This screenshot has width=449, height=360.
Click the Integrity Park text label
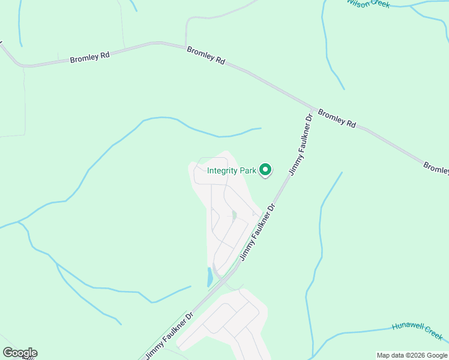[x=232, y=170]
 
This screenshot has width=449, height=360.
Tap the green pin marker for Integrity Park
[x=265, y=171]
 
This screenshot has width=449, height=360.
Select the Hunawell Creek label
[x=417, y=330]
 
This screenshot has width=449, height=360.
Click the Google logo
[x=20, y=353]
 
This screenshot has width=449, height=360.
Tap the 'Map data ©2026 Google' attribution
[x=412, y=355]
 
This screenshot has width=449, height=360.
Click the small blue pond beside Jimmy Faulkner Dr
[x=209, y=277]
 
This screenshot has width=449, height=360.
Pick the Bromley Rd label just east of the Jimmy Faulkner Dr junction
[x=337, y=118]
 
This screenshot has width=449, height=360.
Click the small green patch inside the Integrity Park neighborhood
[x=234, y=215]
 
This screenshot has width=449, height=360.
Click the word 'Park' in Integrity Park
[x=249, y=170]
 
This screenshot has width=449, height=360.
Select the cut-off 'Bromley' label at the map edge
[x=436, y=167]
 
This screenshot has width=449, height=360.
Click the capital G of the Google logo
[x=7, y=353]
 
